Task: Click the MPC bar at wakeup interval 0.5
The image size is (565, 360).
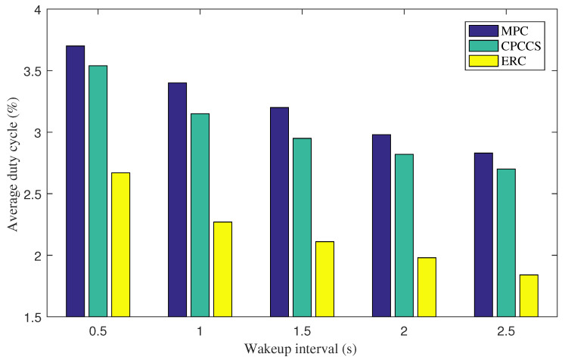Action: tap(75, 181)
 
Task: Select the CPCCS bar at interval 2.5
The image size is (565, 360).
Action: tap(506, 242)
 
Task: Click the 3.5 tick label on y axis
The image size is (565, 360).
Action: tap(33, 71)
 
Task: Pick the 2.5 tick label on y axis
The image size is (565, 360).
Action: tap(33, 194)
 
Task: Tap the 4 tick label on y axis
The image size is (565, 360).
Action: tap(38, 10)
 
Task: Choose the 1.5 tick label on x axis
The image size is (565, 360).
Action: tap(302, 330)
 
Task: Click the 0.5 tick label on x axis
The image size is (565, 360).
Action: tap(98, 330)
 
